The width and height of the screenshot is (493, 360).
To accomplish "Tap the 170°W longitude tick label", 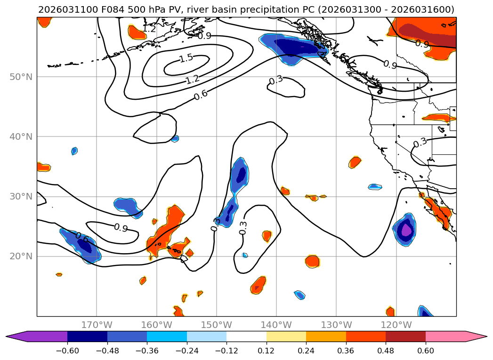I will click(x=97, y=325).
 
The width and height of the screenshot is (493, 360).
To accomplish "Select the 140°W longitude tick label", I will click(x=276, y=325).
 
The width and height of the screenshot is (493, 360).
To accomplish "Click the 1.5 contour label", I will click(x=186, y=59).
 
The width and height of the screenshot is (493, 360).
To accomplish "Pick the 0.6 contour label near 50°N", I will click(x=201, y=95).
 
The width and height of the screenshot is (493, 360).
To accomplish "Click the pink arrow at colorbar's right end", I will click(x=476, y=336).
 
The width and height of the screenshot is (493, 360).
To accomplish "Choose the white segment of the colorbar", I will click(x=246, y=336).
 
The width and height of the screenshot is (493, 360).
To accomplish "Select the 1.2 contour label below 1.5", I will click(x=192, y=80).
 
